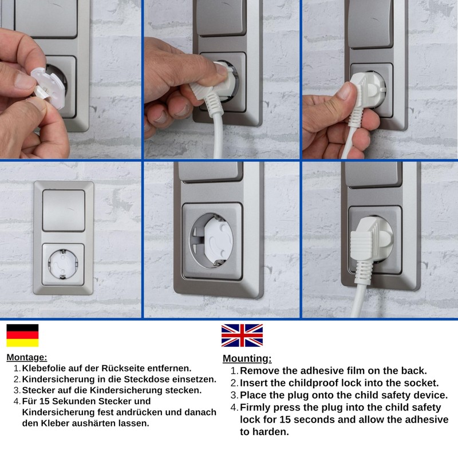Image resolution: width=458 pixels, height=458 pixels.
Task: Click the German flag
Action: pyautogui.click(x=22, y=335)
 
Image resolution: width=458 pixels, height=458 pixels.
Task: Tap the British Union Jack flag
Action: pyautogui.click(x=242, y=335)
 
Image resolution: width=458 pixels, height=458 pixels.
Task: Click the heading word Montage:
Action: pyautogui.click(x=26, y=357)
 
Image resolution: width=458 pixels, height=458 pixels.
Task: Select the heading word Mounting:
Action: pyautogui.click(x=247, y=358)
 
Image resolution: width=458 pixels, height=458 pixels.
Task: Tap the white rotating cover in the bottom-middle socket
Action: pyautogui.click(x=219, y=241)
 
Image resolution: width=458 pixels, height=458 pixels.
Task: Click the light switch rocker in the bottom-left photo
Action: pyautogui.click(x=64, y=210)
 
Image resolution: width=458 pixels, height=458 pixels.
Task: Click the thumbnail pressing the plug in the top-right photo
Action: pyautogui.click(x=347, y=90)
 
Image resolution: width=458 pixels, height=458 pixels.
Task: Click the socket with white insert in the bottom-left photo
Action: pyautogui.click(x=63, y=264)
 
